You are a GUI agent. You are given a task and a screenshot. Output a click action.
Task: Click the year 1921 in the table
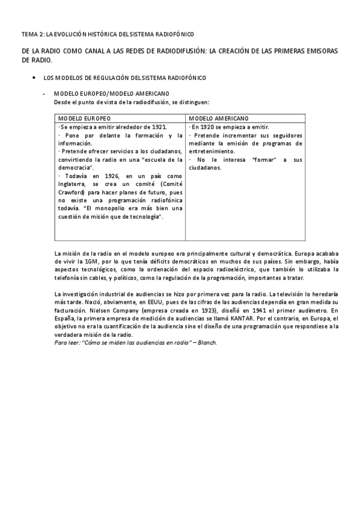(x=158, y=127)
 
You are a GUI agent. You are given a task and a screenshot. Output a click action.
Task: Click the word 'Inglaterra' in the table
(x=73, y=183)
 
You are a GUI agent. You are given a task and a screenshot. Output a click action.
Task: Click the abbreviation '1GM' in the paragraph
(x=90, y=262)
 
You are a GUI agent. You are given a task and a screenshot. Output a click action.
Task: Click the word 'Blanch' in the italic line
(x=206, y=342)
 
